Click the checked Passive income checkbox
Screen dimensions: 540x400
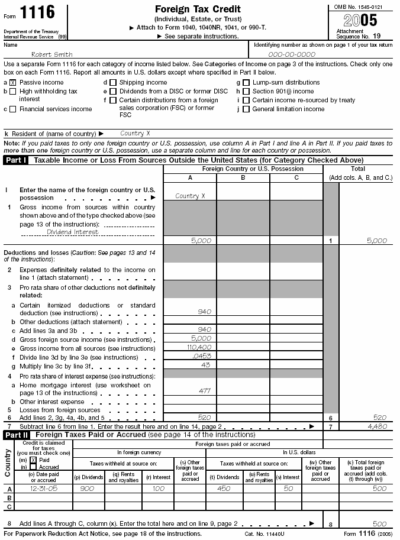point(13,83)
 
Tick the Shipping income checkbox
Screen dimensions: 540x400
point(114,83)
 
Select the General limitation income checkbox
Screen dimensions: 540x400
point(246,109)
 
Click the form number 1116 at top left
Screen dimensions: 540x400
point(38,12)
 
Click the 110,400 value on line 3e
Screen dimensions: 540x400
point(199,348)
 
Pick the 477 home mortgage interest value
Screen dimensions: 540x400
point(205,391)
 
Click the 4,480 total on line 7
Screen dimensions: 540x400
point(378,426)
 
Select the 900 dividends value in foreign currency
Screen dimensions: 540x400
point(87,489)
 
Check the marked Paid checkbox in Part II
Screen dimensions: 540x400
point(33,460)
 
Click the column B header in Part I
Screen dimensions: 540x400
point(243,177)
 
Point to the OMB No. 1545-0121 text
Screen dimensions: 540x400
point(359,7)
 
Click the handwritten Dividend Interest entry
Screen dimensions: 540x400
point(73,232)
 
